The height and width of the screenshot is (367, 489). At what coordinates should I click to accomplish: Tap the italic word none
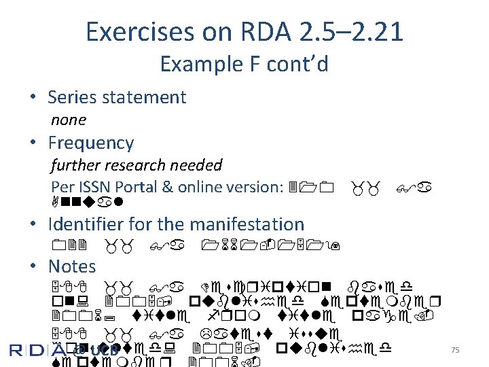69,120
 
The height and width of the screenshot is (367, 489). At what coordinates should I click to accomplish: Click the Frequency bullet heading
91,143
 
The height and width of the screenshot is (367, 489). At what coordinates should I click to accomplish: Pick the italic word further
73,165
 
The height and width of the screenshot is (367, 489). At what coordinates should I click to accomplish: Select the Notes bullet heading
72,266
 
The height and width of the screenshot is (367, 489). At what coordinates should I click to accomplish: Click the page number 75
455,349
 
